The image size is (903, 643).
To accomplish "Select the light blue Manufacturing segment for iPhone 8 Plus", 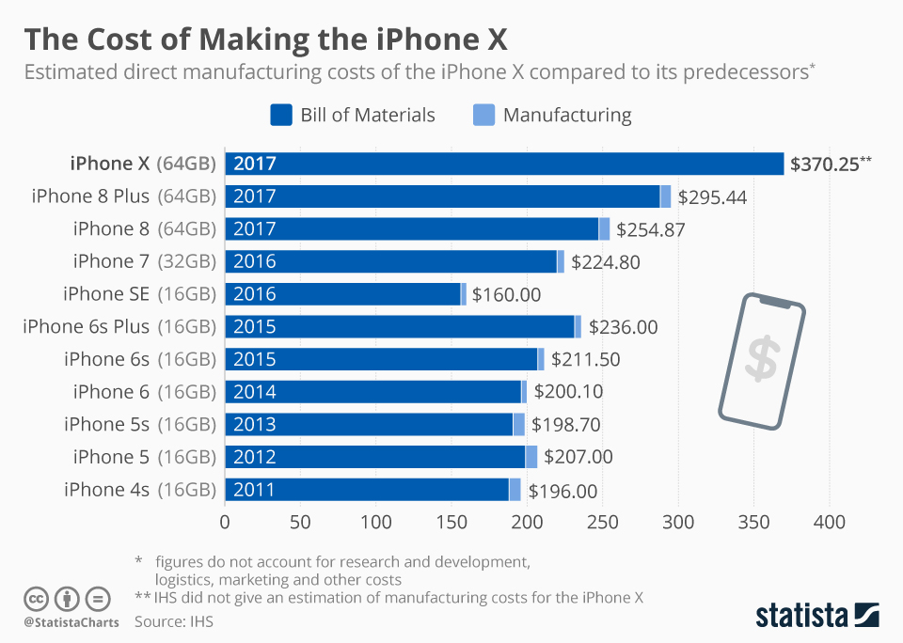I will point(666,196).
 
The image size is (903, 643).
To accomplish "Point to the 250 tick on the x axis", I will point(603,522).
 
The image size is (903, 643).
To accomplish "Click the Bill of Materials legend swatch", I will point(281,115).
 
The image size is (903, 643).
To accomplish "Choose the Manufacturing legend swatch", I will point(483,115).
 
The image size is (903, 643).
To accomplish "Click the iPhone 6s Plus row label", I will point(119,327).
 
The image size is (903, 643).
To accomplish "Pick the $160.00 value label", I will point(506,294).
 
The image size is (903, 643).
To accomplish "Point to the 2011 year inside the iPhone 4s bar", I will point(255,490).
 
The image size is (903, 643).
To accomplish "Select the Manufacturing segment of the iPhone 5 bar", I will point(531,457).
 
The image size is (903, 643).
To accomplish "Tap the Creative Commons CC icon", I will point(37,598).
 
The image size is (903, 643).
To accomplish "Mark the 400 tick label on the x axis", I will point(830,522).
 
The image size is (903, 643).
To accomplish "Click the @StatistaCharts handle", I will point(71,622).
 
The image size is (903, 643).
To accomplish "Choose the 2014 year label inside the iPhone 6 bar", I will point(255,392).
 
